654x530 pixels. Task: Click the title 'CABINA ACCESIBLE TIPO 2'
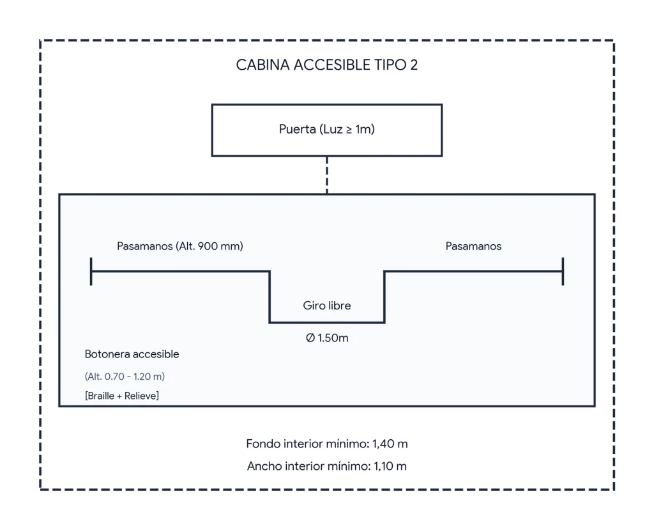326,65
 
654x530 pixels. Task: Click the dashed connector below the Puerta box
326,175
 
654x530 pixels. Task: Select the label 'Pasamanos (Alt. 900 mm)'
179,246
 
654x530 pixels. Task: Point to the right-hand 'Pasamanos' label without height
473,246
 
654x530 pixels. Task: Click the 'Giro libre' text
326,306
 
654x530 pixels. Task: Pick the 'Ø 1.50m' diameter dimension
326,338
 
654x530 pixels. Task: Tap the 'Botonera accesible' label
132,354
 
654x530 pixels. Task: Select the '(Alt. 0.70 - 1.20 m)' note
125,377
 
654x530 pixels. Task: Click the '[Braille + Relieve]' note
122,396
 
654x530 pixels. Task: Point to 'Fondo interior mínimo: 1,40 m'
326,444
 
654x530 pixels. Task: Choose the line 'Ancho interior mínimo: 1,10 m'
326,466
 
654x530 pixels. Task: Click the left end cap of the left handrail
91,272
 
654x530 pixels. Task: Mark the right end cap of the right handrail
563,272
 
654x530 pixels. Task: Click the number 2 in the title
413,65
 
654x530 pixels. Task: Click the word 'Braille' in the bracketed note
100,396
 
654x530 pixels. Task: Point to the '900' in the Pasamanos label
208,246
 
